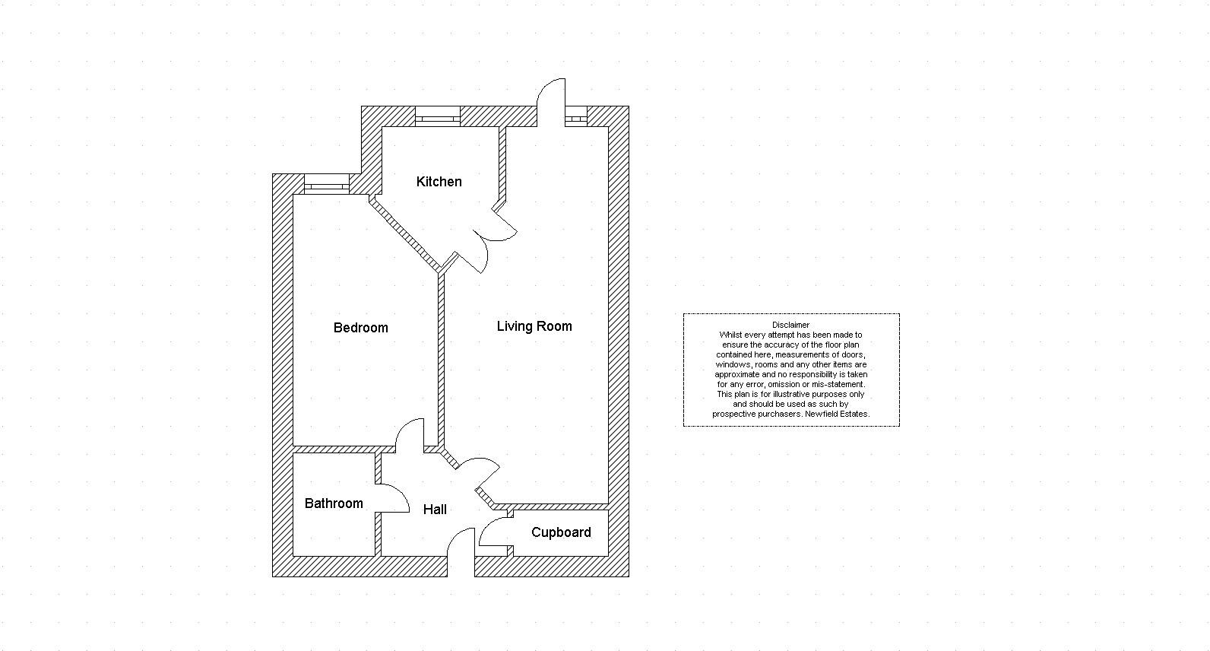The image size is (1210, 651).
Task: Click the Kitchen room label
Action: coord(439,182)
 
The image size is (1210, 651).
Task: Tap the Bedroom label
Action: coord(360,328)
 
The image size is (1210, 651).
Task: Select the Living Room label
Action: coord(534,326)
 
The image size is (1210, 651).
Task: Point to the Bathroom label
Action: coord(334,503)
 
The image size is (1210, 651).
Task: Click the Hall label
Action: coord(435,510)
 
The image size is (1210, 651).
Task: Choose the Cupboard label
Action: coord(561,532)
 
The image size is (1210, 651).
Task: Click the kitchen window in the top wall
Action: coord(438,116)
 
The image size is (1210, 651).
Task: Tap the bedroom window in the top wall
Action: coord(326,183)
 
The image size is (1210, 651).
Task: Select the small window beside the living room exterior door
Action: coord(576,116)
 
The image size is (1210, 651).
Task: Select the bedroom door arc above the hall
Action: coord(410,432)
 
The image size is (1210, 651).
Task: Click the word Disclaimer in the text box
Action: coord(790,325)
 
